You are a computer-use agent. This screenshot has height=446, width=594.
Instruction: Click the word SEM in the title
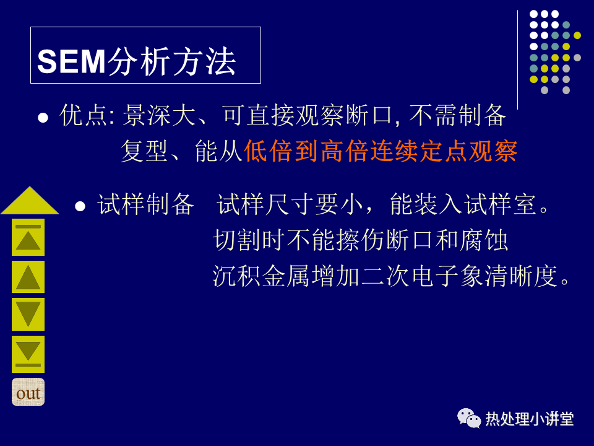point(71,61)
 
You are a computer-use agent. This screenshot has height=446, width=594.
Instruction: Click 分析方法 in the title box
point(172,61)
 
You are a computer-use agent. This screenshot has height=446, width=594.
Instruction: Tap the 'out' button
point(28,392)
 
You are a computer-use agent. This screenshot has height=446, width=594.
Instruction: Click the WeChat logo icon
point(469,418)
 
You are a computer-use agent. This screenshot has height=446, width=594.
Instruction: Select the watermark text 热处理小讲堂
point(530,419)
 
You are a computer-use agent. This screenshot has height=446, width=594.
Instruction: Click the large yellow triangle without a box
point(30,200)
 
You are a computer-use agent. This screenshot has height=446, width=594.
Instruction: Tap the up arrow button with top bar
point(28,237)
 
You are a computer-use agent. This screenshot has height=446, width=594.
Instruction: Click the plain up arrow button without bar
point(28,277)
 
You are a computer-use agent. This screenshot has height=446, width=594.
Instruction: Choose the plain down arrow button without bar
point(28,314)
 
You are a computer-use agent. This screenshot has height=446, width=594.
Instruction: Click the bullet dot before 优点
point(43,118)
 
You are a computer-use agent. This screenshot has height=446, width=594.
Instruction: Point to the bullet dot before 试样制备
point(80,206)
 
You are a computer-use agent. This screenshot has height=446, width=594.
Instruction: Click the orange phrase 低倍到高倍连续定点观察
point(381,151)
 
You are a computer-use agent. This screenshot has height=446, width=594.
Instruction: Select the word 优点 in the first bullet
point(84,115)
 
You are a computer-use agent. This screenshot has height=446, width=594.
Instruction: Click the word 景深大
point(159,115)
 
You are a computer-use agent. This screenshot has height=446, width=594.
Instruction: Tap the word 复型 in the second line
point(144,151)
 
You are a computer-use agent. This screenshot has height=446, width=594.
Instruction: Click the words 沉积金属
point(261,276)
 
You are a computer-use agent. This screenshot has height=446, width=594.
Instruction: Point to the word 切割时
point(249,240)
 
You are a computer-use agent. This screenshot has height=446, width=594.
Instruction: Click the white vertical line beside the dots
point(517,60)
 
